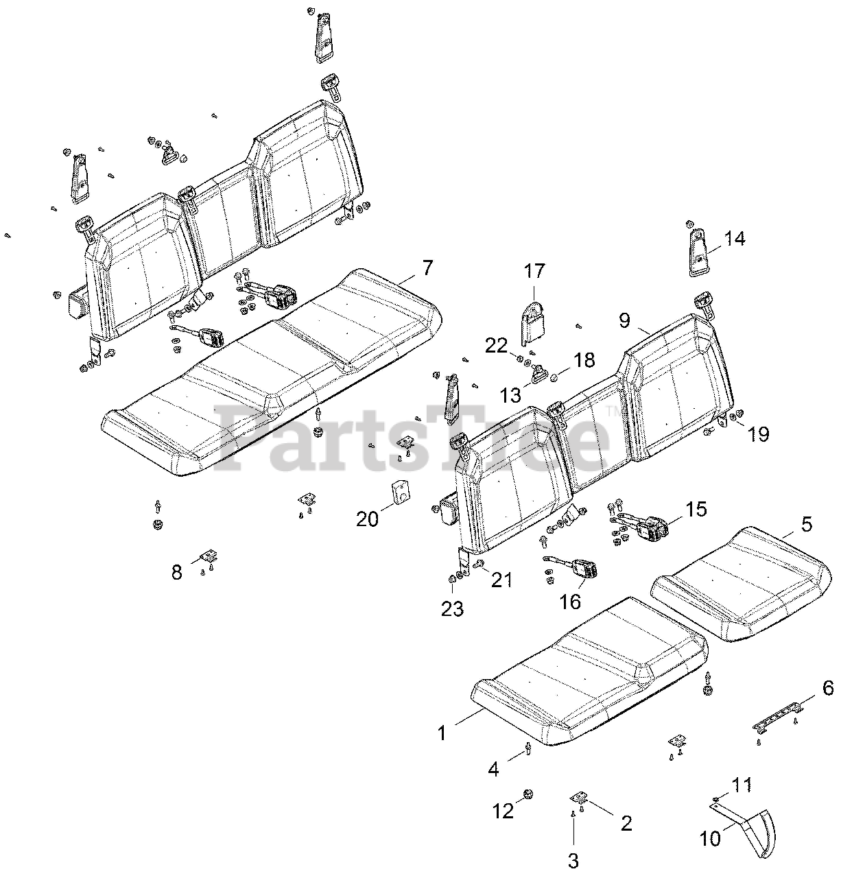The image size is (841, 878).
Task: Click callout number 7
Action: pos(427,268)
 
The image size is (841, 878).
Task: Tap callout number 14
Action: pos(733,239)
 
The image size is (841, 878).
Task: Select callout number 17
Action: pos(534,272)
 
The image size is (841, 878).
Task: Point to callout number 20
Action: pos(368,519)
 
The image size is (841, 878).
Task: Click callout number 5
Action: pos(807,525)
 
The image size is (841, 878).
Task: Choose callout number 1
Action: pos(442,733)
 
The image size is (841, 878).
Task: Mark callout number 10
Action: pos(711,838)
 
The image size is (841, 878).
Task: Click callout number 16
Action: pos(570,601)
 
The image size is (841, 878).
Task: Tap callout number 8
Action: pos(177,571)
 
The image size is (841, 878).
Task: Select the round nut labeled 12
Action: pos(528,794)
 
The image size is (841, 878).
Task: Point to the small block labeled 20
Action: pos(399,493)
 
